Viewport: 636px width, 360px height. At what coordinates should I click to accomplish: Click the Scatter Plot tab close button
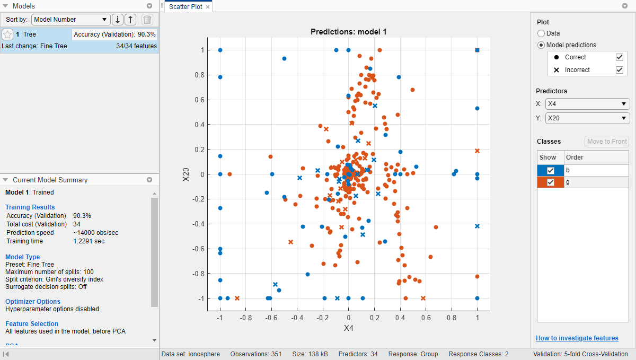(208, 7)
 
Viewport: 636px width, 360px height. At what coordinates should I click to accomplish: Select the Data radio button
(541, 33)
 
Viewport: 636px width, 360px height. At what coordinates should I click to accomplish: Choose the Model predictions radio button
(541, 45)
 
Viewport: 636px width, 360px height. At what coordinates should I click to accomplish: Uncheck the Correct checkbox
(619, 57)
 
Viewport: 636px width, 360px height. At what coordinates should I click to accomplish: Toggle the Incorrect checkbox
(619, 70)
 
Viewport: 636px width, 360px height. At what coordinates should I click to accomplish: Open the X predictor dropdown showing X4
(587, 104)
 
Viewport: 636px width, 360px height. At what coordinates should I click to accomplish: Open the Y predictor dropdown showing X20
(587, 118)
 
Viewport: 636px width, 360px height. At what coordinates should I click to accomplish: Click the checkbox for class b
(551, 170)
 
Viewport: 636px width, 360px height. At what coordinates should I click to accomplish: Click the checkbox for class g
(551, 182)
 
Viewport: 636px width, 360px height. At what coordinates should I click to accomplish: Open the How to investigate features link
(577, 338)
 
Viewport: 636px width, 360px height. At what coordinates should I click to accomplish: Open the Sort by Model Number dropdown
(70, 20)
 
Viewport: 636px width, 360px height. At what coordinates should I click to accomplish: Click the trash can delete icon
(147, 20)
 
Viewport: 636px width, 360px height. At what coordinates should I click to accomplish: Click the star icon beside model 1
(8, 34)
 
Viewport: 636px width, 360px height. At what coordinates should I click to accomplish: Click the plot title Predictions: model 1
(348, 32)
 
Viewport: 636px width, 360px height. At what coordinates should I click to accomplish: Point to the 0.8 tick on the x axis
(452, 318)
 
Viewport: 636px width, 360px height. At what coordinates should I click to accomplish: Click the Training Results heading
(30, 207)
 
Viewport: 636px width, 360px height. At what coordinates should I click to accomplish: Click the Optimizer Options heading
(33, 302)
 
